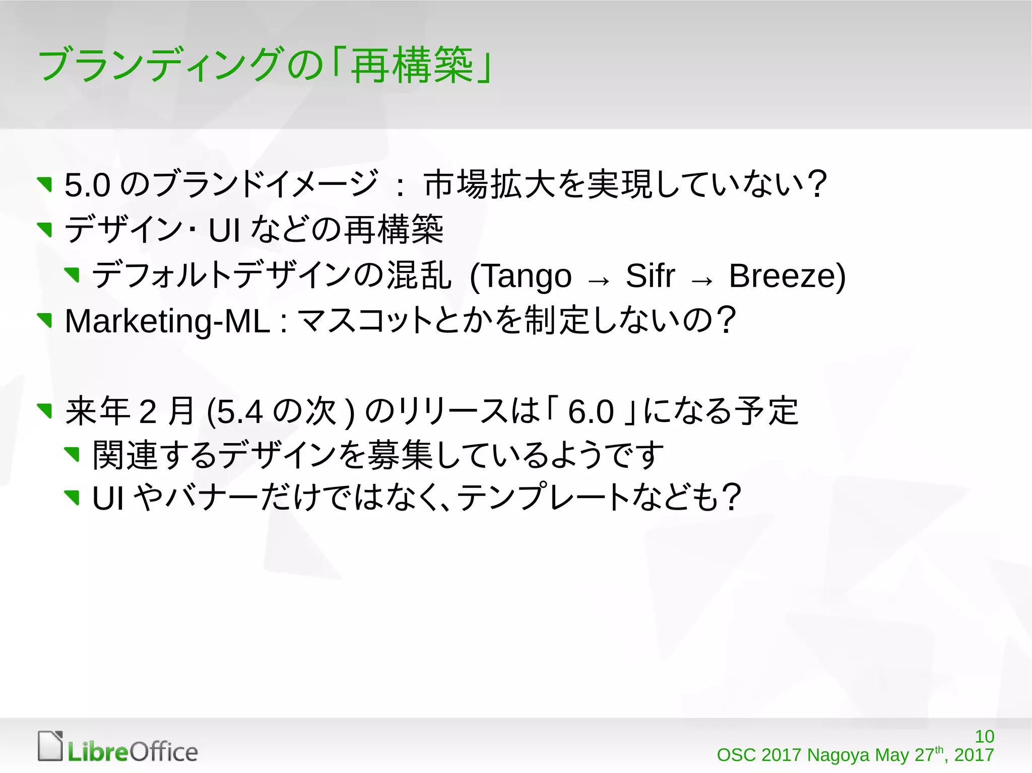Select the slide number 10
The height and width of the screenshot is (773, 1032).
pyautogui.click(x=984, y=736)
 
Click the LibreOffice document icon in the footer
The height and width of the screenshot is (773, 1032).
pyautogui.click(x=50, y=746)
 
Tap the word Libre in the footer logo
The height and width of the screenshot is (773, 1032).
pyautogui.click(x=98, y=752)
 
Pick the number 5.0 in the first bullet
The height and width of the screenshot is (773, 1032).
pyautogui.click(x=87, y=185)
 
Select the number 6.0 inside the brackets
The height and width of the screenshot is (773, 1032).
pyautogui.click(x=591, y=412)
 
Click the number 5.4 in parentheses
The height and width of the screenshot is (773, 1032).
pyautogui.click(x=240, y=412)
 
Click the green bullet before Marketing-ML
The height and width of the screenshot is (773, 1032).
pyautogui.click(x=45, y=320)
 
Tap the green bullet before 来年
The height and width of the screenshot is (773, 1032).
pyautogui.click(x=45, y=410)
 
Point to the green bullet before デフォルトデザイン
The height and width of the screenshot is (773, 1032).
pyautogui.click(x=73, y=274)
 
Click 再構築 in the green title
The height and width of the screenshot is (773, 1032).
pyautogui.click(x=412, y=65)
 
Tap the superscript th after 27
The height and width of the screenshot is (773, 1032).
pyautogui.click(x=939, y=749)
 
